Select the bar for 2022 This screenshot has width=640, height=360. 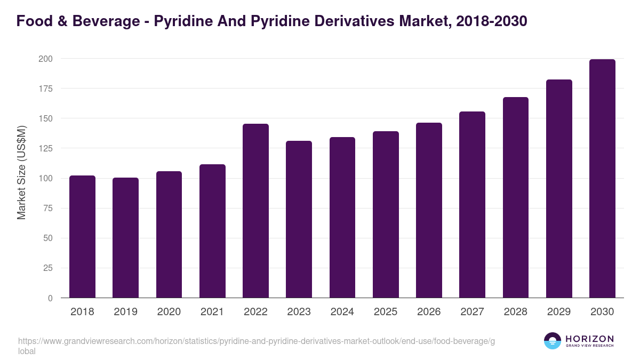pos(255,211)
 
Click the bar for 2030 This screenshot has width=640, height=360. pos(602,179)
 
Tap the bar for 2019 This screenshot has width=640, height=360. pos(125,238)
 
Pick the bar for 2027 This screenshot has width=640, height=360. pos(472,205)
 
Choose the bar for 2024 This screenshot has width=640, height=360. pos(342,218)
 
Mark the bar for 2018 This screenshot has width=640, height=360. pos(82,237)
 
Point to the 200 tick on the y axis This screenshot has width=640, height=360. pos(45,59)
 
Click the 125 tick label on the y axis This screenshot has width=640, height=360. pos(45,148)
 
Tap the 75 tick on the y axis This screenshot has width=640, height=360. pos(48,208)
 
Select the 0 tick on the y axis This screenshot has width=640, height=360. pos(50,298)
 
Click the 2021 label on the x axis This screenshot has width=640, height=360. pos(212,312)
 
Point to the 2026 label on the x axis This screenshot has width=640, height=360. pos(429,312)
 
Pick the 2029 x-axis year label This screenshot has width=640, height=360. pos(559,312)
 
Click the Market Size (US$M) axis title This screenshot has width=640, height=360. pos(21,173)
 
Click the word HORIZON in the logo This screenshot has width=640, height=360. pos(589,339)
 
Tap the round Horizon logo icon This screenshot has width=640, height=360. pos(553,341)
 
